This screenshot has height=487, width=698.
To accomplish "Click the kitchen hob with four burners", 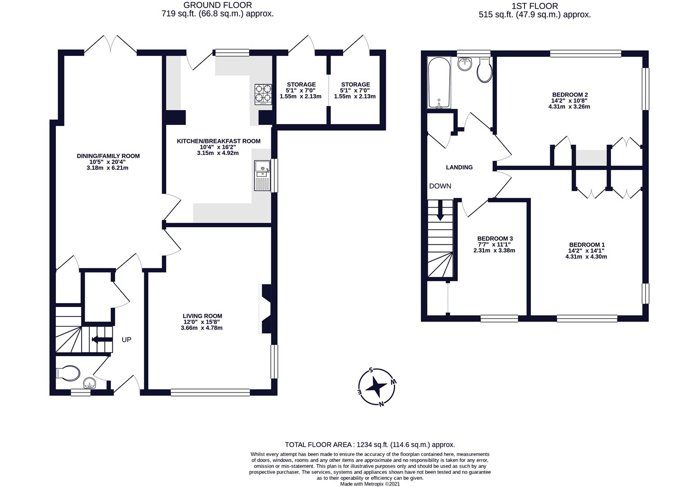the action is (263, 95).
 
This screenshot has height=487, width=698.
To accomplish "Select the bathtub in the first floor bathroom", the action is (439, 83).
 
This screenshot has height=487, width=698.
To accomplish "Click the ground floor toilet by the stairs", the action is (68, 373).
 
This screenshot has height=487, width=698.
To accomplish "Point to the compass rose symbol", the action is (377, 387).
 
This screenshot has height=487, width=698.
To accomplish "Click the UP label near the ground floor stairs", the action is (126, 340).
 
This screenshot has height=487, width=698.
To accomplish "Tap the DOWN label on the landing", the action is (440, 186).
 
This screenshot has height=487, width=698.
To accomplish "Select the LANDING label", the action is (459, 167).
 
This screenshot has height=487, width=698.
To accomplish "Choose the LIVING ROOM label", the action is (202, 316).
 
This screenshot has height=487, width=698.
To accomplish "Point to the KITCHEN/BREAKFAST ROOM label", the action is (219, 141).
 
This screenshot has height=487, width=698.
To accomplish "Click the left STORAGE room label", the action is (301, 84).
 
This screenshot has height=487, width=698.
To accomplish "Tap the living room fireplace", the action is (265, 309).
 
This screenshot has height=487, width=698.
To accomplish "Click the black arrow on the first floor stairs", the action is (440, 210).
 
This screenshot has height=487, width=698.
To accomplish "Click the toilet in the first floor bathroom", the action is (484, 69).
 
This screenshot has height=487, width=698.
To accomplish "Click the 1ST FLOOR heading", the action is (535, 6).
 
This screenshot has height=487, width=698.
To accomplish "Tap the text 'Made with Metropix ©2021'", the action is (370, 484).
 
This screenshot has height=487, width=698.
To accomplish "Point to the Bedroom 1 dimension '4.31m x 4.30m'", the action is (586, 257).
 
